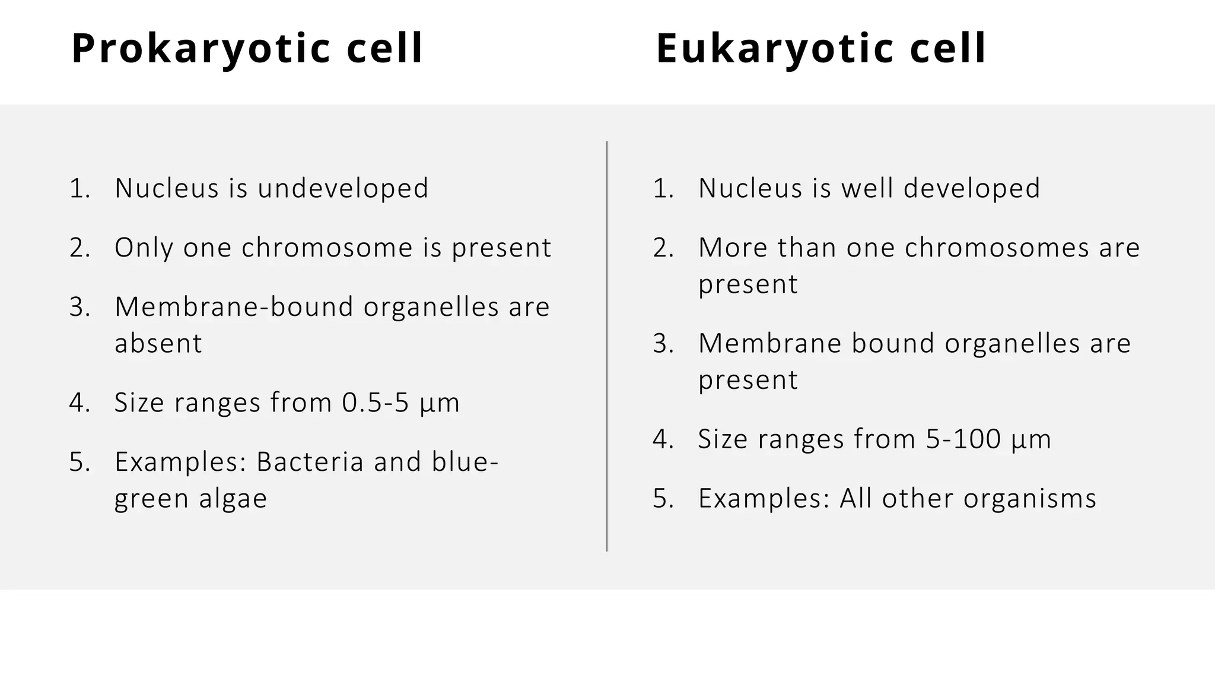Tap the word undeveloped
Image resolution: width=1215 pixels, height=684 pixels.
click(x=342, y=188)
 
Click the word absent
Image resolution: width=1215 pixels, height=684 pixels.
click(x=158, y=343)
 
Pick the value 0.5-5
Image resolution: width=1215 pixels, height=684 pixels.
click(x=376, y=403)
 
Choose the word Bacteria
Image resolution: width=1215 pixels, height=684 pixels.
click(x=310, y=462)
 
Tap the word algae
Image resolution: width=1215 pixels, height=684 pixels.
click(x=233, y=499)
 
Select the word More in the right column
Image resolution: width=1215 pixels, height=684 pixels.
click(x=733, y=248)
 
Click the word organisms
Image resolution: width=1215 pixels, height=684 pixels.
click(x=1030, y=499)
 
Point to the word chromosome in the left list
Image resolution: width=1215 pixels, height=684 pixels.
click(x=327, y=248)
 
